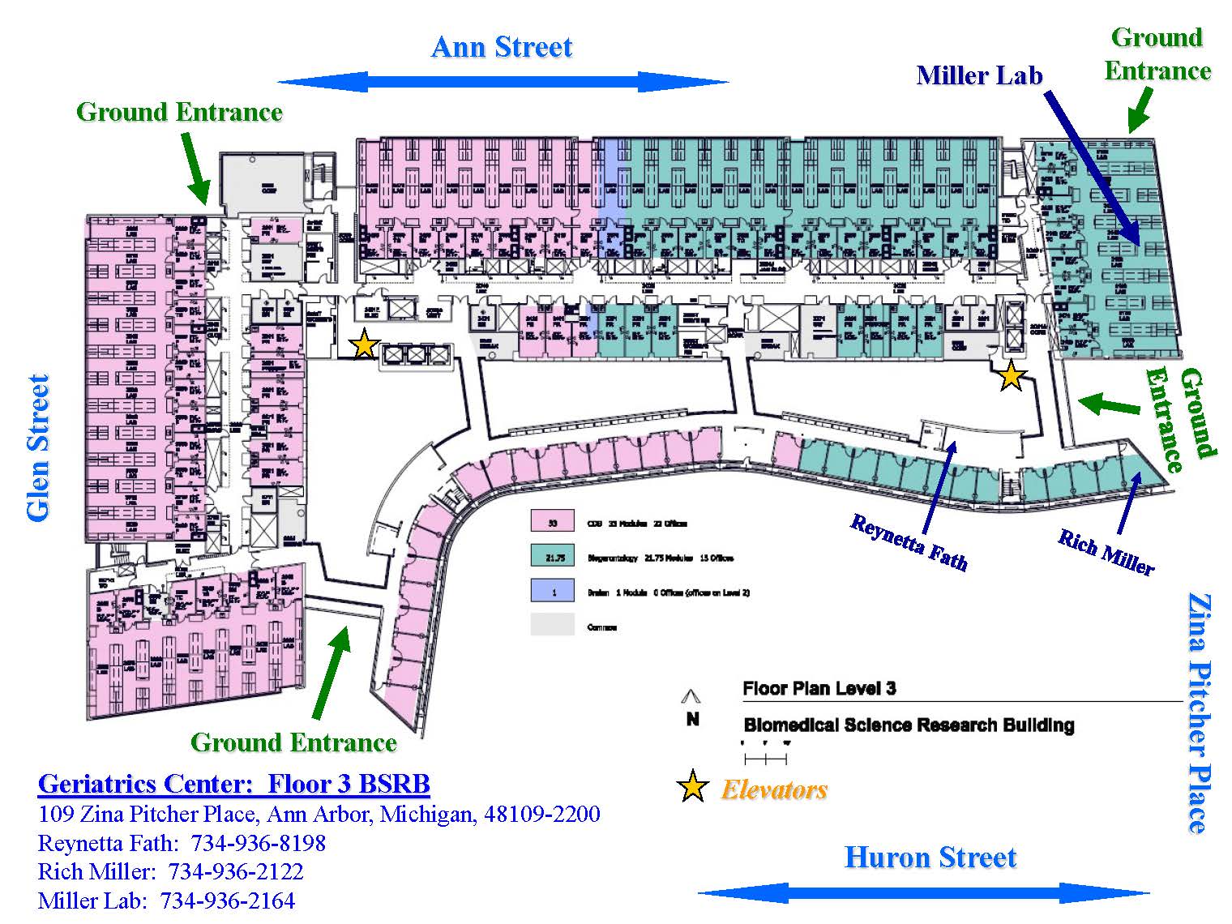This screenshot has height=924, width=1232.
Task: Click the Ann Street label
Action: tap(502, 47)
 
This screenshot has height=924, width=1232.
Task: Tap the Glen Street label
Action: tap(38, 447)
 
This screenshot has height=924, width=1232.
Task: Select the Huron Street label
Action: tap(930, 858)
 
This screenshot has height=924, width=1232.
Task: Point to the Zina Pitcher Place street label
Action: tap(1199, 712)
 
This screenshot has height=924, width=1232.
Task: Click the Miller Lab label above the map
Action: tap(978, 75)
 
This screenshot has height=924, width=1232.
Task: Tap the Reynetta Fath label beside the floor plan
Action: tap(908, 542)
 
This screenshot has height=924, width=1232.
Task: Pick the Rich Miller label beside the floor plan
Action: tap(1106, 552)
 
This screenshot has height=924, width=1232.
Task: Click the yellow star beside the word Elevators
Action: tap(693, 787)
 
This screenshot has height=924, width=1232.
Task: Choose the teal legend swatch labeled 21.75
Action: tap(553, 557)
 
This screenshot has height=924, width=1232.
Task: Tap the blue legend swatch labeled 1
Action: tap(553, 592)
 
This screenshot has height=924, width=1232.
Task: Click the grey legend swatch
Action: tap(553, 625)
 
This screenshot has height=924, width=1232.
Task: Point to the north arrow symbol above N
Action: tap(691, 695)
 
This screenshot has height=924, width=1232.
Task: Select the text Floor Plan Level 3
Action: tap(819, 689)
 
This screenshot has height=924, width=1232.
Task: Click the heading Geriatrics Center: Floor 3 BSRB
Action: tap(233, 784)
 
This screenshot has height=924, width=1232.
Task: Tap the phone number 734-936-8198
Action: tap(258, 843)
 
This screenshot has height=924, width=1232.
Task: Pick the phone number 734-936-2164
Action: tap(228, 900)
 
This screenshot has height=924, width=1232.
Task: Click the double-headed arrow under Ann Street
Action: tap(503, 82)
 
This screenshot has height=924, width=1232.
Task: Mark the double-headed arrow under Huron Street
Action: tap(923, 893)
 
